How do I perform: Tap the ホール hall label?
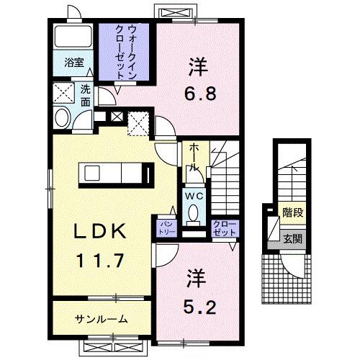[x=194, y=156]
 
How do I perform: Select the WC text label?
[x=194, y=194]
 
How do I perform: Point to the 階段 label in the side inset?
[x=292, y=214]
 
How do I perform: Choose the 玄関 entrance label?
[x=292, y=238]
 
